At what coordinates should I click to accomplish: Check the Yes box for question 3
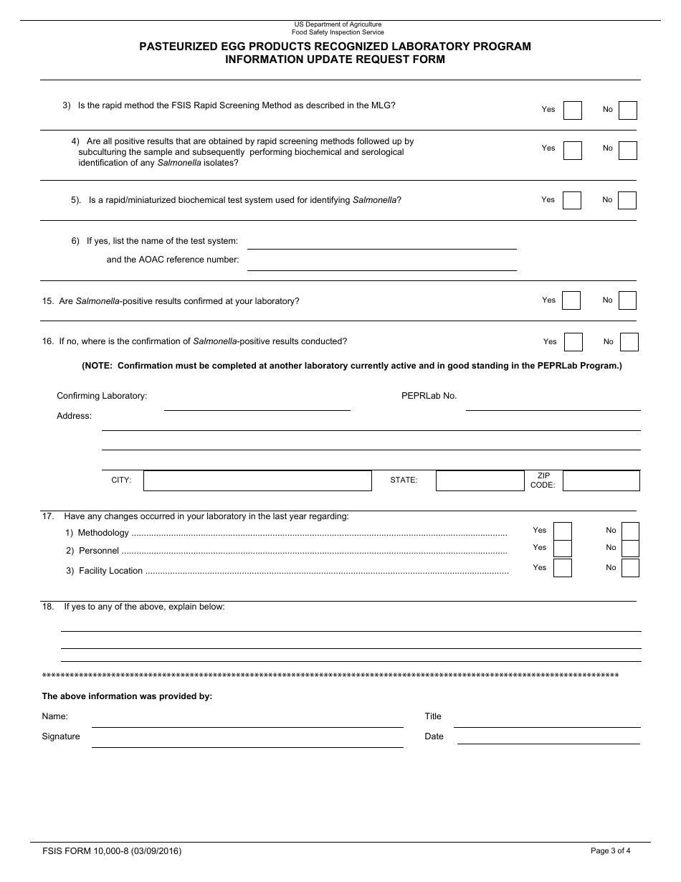point(572,110)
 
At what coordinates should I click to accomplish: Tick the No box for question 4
point(627,150)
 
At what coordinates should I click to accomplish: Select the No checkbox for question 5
point(627,200)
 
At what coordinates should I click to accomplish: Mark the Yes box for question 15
point(571,300)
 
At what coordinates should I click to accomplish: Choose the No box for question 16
point(629,342)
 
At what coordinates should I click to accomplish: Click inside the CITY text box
point(257,480)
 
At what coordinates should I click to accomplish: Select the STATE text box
point(480,480)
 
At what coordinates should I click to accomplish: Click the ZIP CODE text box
point(601,480)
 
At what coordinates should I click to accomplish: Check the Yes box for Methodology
point(563,531)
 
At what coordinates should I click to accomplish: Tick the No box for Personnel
point(630,549)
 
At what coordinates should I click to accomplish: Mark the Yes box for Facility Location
point(563,568)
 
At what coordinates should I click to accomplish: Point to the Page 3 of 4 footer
point(610,851)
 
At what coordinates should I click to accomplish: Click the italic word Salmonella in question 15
point(97,301)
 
